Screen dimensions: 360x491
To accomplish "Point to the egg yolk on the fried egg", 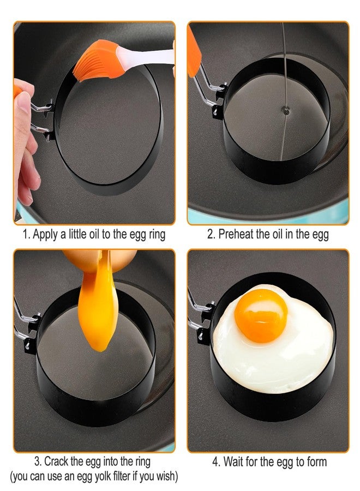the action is click(x=261, y=316).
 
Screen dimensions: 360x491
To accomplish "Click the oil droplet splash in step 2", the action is click(x=285, y=110).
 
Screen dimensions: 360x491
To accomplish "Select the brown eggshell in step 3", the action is click(x=100, y=259).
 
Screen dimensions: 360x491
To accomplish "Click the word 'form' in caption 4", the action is click(x=316, y=462).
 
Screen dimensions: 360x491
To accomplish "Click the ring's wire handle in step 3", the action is click(x=23, y=322).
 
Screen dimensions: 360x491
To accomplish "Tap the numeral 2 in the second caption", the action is click(x=210, y=234).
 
